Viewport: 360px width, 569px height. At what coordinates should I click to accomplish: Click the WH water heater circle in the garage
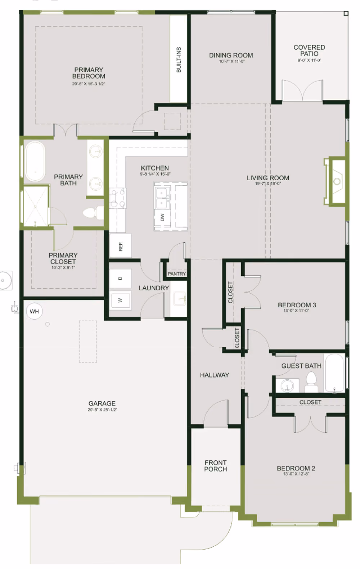click(x=34, y=311)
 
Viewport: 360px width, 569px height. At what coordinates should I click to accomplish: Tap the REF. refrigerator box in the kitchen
click(x=121, y=246)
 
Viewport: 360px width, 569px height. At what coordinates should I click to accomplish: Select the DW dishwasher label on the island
click(x=163, y=217)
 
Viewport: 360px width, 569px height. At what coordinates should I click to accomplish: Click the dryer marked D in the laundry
click(x=121, y=279)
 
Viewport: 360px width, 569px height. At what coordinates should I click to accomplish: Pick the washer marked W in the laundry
click(x=121, y=300)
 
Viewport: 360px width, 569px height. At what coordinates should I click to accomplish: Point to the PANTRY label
click(x=177, y=274)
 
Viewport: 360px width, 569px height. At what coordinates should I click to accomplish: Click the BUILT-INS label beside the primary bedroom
click(x=179, y=60)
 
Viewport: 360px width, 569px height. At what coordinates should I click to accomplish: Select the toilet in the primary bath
click(x=93, y=213)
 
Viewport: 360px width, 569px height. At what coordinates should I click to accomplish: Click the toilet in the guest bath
click(x=311, y=382)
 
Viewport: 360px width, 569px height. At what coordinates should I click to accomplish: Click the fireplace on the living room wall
click(x=335, y=181)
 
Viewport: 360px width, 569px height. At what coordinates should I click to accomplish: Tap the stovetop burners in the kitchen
click(x=118, y=198)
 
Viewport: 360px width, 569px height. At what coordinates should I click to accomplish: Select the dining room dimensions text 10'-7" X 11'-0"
click(x=232, y=62)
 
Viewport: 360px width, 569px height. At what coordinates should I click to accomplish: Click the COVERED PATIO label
click(x=309, y=50)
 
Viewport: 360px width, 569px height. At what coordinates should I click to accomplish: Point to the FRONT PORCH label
click(x=215, y=466)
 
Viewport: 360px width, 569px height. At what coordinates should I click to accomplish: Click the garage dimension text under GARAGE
click(x=102, y=410)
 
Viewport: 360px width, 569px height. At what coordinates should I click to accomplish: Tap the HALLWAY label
click(x=215, y=375)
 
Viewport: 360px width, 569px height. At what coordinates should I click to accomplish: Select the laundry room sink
click(x=179, y=298)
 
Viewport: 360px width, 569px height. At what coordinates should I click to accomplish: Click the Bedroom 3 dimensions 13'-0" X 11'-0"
click(x=296, y=310)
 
